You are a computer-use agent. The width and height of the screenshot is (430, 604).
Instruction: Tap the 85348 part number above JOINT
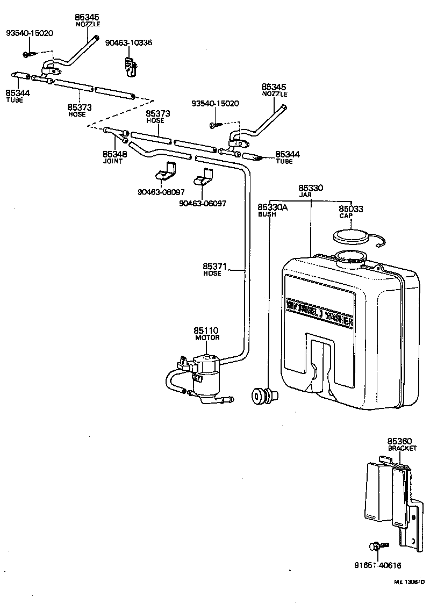(114, 154)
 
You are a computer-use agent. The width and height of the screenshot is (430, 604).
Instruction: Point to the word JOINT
(113, 161)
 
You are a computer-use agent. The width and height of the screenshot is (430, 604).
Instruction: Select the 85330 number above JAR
(311, 188)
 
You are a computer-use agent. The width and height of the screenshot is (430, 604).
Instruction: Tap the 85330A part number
(273, 207)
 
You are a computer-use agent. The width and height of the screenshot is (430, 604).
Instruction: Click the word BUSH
(267, 214)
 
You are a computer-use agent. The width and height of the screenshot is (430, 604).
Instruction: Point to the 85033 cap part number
(350, 208)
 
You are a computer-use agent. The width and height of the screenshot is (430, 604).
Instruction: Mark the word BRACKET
(402, 448)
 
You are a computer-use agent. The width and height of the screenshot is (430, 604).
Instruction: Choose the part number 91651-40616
(377, 565)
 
